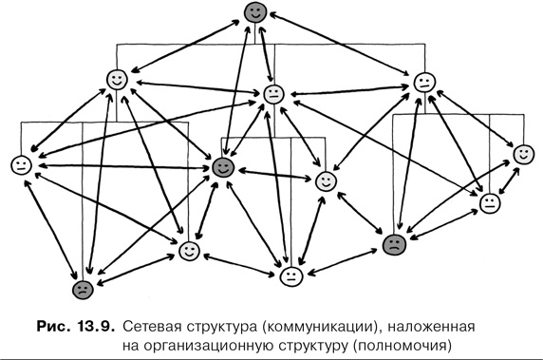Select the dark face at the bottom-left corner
[84, 289]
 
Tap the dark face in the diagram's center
[223, 168]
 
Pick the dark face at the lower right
[393, 243]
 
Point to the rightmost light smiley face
[521, 154]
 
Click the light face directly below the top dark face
[273, 94]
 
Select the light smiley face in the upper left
[117, 80]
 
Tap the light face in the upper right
[423, 82]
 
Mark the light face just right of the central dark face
[326, 180]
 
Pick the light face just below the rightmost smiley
[490, 202]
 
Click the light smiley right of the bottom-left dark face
[189, 252]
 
